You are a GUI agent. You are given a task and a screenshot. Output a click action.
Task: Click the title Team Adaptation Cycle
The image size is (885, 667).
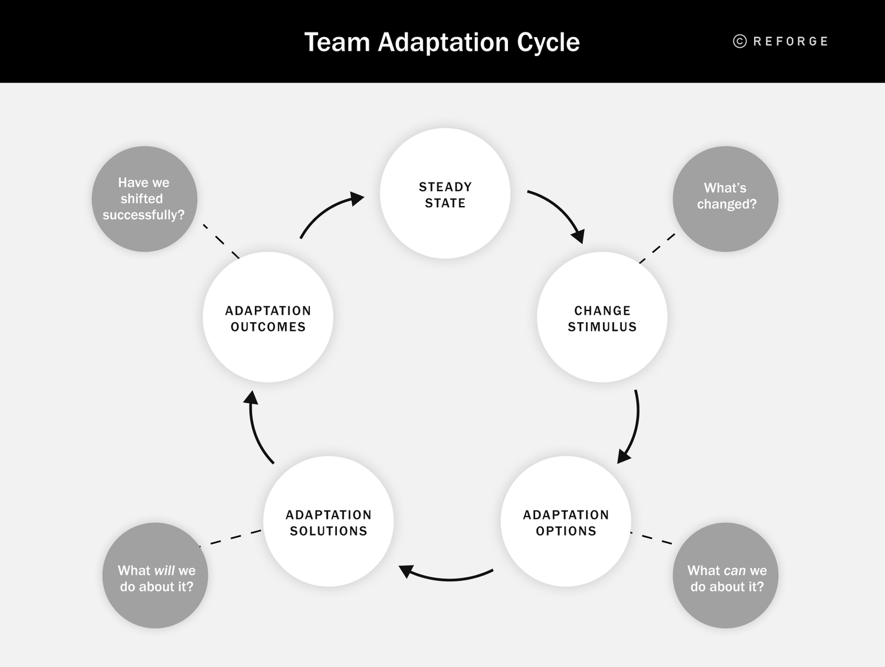(x=442, y=42)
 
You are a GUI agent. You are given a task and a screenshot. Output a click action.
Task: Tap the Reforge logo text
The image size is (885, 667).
(x=791, y=41)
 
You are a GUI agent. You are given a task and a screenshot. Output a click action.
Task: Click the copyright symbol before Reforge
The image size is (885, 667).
(x=740, y=41)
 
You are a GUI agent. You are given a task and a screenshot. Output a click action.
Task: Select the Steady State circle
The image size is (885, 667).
(x=445, y=194)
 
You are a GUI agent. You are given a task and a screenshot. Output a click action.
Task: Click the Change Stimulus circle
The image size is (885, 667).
(x=602, y=318)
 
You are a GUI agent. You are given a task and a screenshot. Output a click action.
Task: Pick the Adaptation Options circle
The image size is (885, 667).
(x=566, y=522)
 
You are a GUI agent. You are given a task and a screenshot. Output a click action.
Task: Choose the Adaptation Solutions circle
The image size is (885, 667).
(x=328, y=522)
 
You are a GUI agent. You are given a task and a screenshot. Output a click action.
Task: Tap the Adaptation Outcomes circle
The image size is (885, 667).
(x=268, y=318)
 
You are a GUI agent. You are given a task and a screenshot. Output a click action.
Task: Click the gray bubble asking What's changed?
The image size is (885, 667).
(x=726, y=199)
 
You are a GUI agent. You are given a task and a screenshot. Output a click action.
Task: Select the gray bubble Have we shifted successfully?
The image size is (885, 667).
(x=144, y=199)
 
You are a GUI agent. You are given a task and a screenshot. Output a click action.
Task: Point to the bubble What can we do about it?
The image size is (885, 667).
(x=726, y=576)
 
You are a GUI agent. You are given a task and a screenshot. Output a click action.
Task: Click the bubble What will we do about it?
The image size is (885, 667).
(x=155, y=576)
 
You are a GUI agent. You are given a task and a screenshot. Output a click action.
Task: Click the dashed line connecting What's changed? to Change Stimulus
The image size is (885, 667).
(x=657, y=249)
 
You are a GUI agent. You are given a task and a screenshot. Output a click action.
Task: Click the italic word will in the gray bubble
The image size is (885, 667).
(x=164, y=571)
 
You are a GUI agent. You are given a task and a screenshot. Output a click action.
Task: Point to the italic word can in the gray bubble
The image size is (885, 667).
(x=735, y=571)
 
